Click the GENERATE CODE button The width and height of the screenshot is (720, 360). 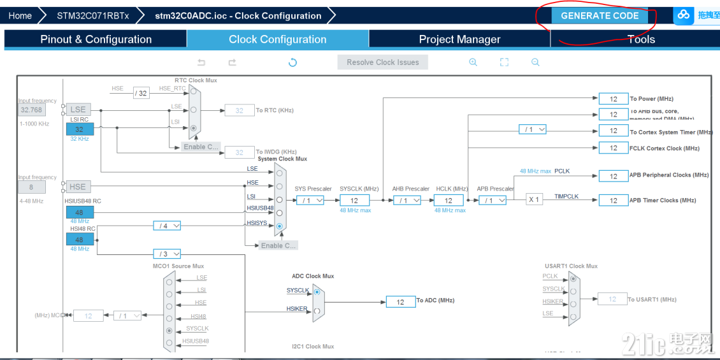[x=600, y=16]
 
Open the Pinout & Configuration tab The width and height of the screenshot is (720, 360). [x=96, y=40]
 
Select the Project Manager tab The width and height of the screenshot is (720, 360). [x=459, y=40]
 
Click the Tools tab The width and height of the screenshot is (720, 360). [x=641, y=40]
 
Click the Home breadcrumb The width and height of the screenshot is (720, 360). [x=20, y=16]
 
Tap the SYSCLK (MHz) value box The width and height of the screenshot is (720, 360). [x=354, y=200]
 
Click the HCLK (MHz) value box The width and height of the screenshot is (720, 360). [x=449, y=200]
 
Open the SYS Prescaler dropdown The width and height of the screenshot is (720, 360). [x=310, y=200]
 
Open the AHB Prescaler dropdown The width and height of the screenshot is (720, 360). [x=407, y=200]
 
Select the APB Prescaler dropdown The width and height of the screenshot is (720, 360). [x=493, y=200]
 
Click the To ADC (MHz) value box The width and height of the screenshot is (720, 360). [x=401, y=301]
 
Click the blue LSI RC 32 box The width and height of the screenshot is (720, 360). [x=80, y=129]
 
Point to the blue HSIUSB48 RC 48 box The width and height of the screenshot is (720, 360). [x=80, y=212]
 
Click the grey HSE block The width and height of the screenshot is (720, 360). [x=78, y=187]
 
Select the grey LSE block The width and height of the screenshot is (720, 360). [x=78, y=110]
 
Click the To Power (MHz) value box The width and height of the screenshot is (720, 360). [x=614, y=99]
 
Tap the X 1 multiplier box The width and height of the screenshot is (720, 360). [x=534, y=199]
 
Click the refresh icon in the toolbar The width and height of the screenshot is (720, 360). [x=292, y=62]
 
